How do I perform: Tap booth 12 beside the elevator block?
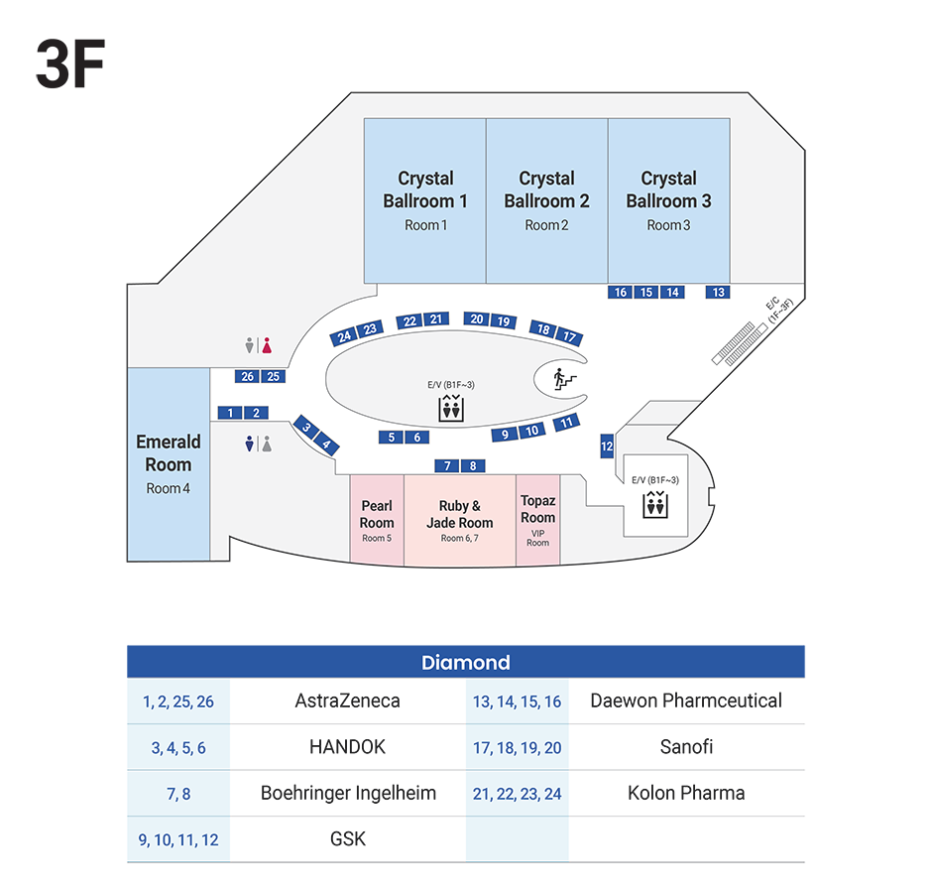607,447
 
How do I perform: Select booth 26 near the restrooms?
248,376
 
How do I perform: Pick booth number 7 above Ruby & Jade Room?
448,465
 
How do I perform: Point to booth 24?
344,335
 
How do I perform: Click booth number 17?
569,337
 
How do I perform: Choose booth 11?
566,423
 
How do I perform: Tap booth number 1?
230,413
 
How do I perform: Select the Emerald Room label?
169,453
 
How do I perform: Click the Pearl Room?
377,520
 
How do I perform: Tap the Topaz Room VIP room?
537,520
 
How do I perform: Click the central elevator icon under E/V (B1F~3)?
451,408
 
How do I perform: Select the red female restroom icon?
268,345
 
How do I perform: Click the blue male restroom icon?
250,445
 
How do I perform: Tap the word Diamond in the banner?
465,663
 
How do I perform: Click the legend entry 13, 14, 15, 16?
517,702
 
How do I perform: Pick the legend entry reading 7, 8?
179,794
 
